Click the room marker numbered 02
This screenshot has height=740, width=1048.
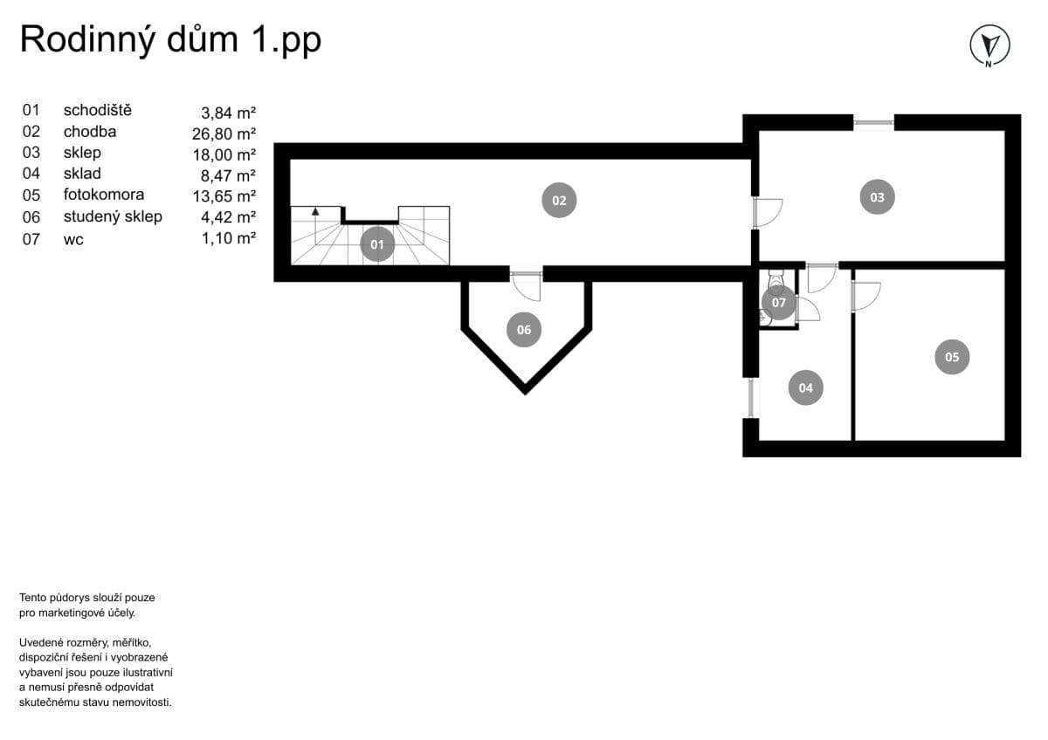pos(559,200)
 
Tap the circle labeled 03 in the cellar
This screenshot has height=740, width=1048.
pos(877,197)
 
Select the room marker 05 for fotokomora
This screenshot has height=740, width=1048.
pos(952,357)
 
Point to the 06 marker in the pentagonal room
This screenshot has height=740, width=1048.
pos(524,330)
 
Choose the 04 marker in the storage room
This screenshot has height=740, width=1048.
pos(805,387)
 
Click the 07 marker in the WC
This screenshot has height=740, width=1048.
pos(779,303)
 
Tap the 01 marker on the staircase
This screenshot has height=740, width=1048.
pos(377,244)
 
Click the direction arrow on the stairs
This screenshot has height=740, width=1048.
pos(315,212)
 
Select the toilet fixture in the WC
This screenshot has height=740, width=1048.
pos(774,281)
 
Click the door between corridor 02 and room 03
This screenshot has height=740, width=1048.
pos(766,212)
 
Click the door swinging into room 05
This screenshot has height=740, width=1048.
pos(865,293)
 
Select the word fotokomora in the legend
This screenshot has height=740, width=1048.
pos(104,195)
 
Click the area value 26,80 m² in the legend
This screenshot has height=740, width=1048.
pos(224,134)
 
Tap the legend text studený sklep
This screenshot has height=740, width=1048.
pos(113,216)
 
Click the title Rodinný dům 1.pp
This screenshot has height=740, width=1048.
pos(170,40)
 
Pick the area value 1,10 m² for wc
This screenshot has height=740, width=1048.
pos(227,238)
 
